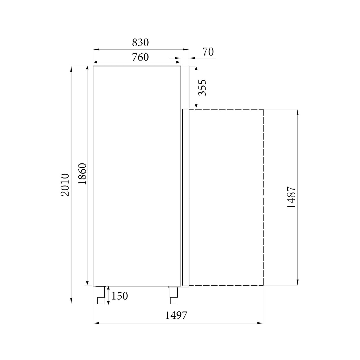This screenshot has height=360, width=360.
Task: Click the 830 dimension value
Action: point(140,43)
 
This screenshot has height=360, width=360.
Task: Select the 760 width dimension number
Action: point(140,57)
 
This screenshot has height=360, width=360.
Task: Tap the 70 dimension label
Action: point(208,52)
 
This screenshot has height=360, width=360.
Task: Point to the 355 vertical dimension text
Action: point(202,87)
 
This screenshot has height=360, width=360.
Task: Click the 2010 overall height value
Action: point(65,185)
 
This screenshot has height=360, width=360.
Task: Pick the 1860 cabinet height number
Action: point(82,174)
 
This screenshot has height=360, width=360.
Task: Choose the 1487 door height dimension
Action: point(291,197)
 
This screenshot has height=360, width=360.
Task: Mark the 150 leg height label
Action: point(120,296)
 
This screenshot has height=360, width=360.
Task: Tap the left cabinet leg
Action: point(101,295)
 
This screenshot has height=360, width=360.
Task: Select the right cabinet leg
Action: point(173,295)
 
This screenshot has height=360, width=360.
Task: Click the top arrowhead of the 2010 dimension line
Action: point(71,69)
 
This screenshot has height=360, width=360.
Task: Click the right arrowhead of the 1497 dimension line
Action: point(261,323)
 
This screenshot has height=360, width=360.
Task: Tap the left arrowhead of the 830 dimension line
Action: point(95,50)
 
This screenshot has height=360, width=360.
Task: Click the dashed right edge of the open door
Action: point(263,197)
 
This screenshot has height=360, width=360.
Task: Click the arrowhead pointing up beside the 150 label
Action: point(109,288)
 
